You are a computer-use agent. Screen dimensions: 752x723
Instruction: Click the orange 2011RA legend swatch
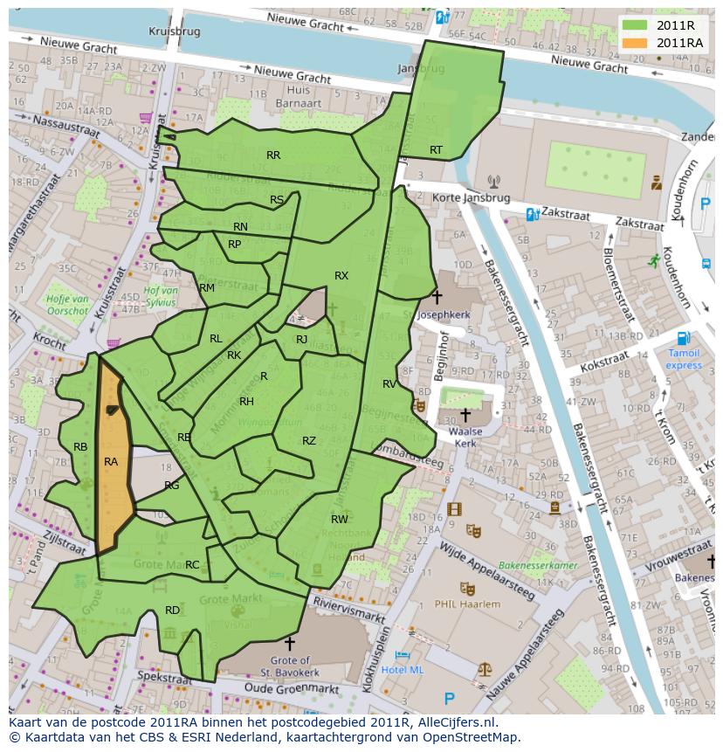point(635,43)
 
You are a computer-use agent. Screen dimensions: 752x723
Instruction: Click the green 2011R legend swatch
point(635,25)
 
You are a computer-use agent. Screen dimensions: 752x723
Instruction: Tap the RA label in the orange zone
point(111,461)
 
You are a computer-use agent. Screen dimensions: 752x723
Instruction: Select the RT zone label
point(436,150)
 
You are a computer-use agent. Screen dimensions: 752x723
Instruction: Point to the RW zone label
point(340,519)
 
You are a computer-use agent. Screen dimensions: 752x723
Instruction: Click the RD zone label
point(172,610)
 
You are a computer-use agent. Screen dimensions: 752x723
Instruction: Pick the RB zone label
point(80,446)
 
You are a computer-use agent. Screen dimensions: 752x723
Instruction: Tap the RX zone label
point(341,275)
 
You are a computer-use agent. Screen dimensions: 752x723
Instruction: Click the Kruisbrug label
point(175,31)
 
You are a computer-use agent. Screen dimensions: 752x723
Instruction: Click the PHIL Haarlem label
point(468,604)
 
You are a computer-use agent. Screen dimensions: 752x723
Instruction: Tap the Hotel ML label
point(403,669)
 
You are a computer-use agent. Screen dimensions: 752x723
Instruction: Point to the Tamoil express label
point(684,359)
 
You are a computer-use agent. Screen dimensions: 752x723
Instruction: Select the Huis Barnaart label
point(299,95)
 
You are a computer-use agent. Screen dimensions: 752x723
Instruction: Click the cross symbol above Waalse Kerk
point(465,413)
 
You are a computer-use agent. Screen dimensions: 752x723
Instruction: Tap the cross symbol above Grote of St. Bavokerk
point(290,644)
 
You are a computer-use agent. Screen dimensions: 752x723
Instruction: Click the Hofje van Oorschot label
point(67,305)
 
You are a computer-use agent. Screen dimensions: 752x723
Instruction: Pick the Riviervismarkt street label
point(349,610)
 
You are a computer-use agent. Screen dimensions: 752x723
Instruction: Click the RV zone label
point(389,383)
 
